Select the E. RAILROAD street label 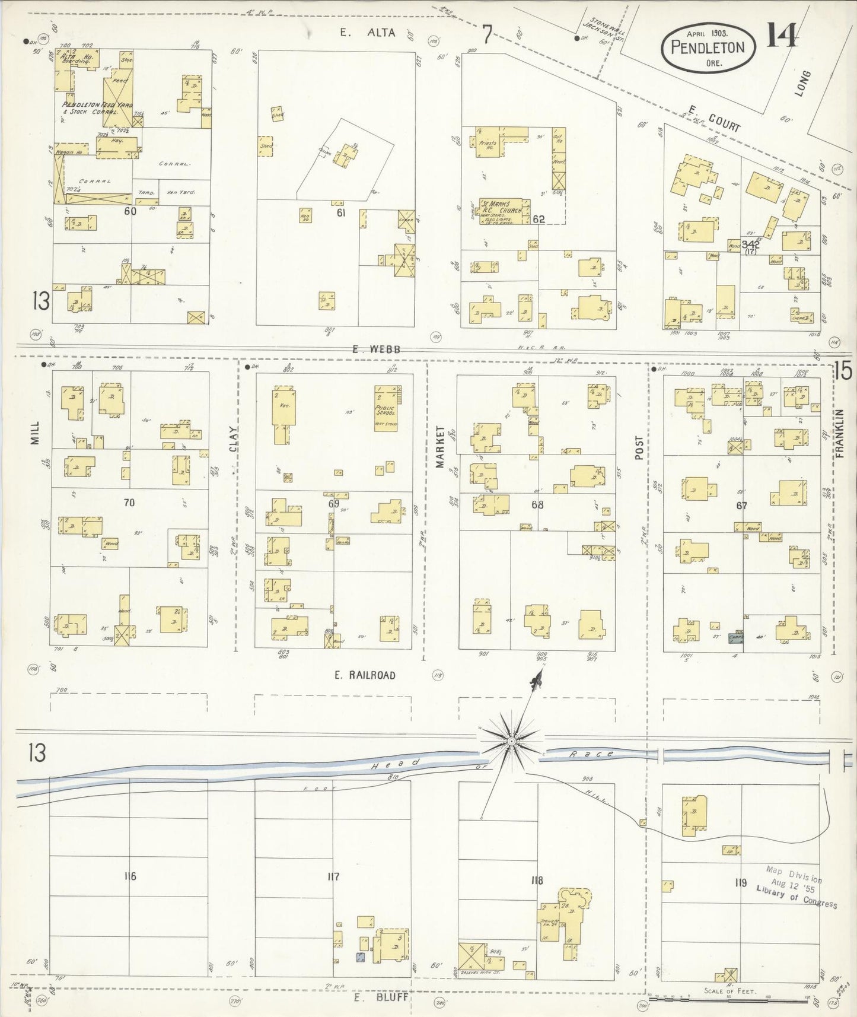point(364,675)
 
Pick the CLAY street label point(233,440)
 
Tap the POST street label point(639,449)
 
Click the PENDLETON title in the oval point(708,47)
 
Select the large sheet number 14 point(782,37)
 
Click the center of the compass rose point(511,742)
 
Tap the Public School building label point(386,411)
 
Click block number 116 point(130,876)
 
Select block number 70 point(129,503)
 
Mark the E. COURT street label point(714,118)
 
